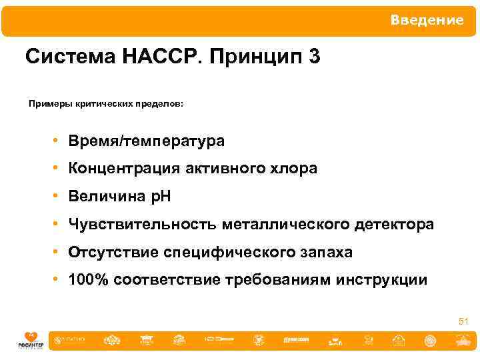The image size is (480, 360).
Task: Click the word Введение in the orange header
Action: [427, 21]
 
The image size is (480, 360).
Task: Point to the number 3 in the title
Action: [314, 57]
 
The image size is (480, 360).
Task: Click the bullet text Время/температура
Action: [146, 141]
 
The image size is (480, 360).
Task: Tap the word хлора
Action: [292, 169]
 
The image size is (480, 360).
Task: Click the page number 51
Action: [463, 322]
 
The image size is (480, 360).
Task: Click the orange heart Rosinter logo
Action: [29, 338]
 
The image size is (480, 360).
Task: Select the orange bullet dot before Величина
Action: [59, 197]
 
